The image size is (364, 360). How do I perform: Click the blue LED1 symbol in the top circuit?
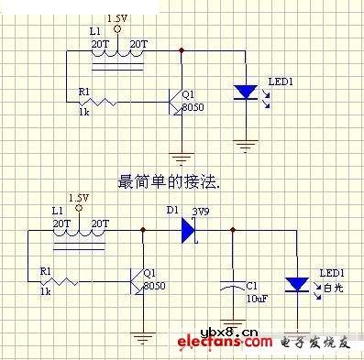pos(245,91)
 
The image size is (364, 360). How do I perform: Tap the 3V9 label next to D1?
pos(201,211)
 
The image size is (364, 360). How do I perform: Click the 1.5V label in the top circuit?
pos(117,18)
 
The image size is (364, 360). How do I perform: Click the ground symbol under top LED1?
pos(245,145)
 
